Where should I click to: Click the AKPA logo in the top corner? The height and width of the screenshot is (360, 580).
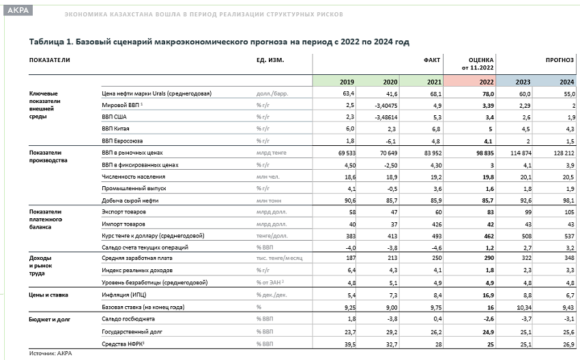pyautogui.click(x=18, y=10)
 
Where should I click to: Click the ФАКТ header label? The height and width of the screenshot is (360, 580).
pyautogui.click(x=432, y=60)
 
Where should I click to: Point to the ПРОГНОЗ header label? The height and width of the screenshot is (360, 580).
pyautogui.click(x=560, y=60)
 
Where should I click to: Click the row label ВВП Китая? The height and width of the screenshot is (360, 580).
pyautogui.click(x=115, y=129)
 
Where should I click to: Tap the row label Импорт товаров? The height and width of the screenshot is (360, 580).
pyautogui.click(x=124, y=224)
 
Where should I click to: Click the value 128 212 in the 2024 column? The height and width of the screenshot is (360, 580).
pyautogui.click(x=564, y=153)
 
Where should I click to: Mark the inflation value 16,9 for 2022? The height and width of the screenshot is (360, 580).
pyautogui.click(x=489, y=295)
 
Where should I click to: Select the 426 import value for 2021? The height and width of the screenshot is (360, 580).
pyautogui.click(x=437, y=224)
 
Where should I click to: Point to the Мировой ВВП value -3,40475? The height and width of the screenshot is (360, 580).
pyautogui.click(x=386, y=106)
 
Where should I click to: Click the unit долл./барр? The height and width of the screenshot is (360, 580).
pyautogui.click(x=272, y=93)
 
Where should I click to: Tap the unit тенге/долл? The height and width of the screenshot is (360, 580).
pyautogui.click(x=272, y=236)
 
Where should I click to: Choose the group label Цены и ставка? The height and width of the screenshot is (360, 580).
pyautogui.click(x=48, y=295)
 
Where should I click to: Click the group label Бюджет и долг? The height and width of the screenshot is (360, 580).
pyautogui.click(x=50, y=319)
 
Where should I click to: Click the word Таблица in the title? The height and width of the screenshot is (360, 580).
pyautogui.click(x=46, y=42)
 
